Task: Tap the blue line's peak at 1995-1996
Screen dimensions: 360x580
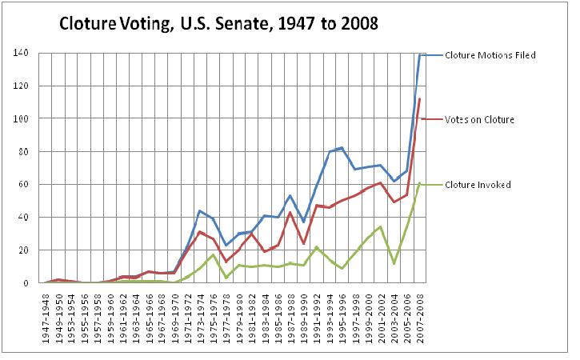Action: tap(342, 148)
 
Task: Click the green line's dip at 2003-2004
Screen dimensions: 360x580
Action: tap(394, 263)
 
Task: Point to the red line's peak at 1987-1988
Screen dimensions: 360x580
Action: tap(290, 213)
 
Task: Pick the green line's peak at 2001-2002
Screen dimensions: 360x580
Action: tap(381, 226)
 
